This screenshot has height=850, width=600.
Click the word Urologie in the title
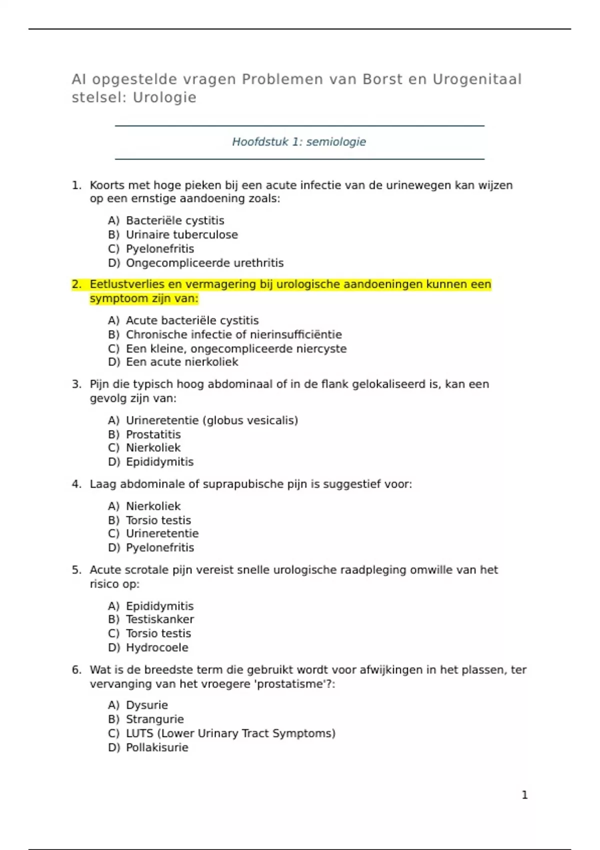(164, 97)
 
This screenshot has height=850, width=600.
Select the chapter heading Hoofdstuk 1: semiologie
(299, 142)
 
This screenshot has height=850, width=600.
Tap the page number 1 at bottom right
(524, 794)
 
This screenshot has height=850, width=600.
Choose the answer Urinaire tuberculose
(181, 235)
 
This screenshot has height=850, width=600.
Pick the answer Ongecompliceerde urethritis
(204, 263)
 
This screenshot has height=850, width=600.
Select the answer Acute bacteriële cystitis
(192, 320)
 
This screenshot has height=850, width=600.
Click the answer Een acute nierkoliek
(182, 362)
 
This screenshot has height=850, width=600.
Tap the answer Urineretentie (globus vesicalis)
(211, 420)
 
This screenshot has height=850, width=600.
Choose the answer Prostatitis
(153, 434)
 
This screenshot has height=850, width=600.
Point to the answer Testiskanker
(159, 619)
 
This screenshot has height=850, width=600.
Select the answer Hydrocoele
(157, 647)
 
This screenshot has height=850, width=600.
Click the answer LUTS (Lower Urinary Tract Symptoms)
(230, 733)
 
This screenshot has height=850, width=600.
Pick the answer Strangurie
(154, 719)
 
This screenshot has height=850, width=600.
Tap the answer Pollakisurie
(157, 747)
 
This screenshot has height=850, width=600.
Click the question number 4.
(76, 484)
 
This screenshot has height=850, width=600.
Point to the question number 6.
(76, 670)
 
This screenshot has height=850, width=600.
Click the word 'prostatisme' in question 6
(293, 684)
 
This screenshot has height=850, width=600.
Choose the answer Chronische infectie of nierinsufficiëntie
(233, 334)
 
